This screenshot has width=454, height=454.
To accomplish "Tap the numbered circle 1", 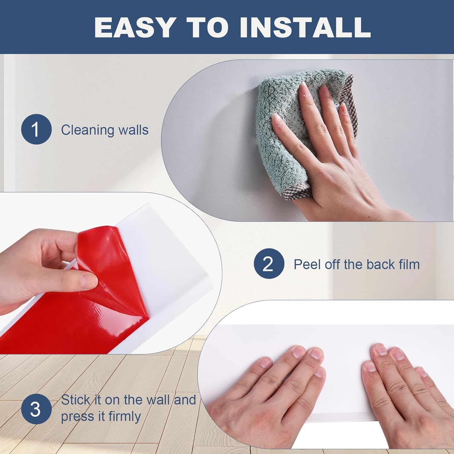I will coord(36,129).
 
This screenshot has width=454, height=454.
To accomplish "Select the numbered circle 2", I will coord(269,264).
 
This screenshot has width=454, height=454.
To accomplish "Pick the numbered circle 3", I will coord(36,409).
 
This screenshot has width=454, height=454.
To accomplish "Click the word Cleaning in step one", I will coord(87,130).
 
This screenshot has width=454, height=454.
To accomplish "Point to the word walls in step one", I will coord(133,130).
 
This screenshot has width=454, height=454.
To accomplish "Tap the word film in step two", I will coord(409,264).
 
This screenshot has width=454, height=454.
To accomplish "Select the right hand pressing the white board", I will coord(403,393).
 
